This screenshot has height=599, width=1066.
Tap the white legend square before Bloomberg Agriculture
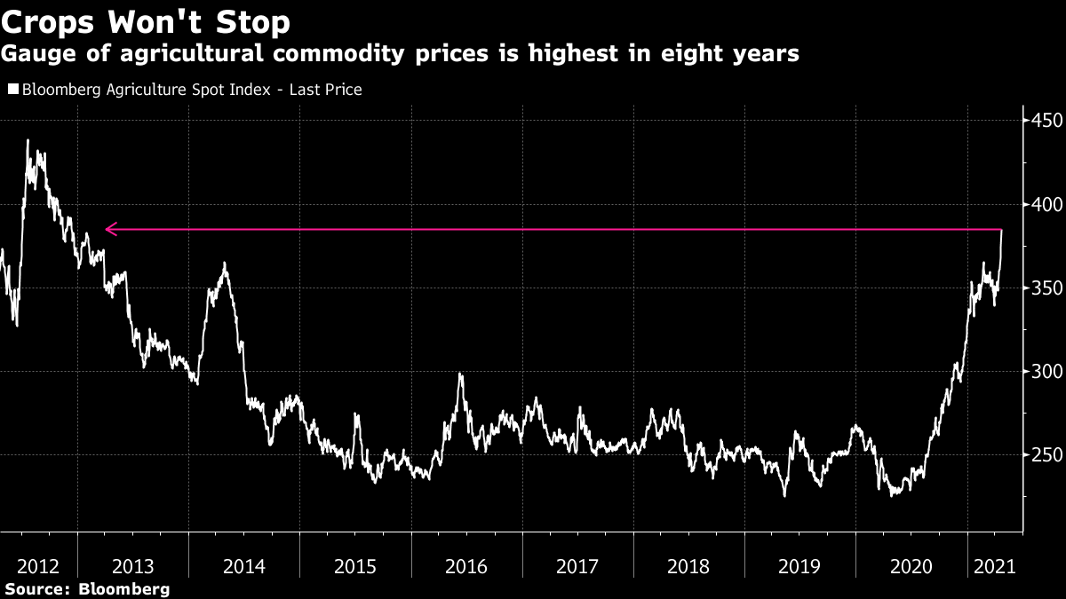click(x=12, y=90)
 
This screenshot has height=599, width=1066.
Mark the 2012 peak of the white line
click(x=28, y=140)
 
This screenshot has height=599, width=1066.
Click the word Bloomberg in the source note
click(x=124, y=588)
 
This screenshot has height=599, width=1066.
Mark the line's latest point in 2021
click(x=1002, y=231)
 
